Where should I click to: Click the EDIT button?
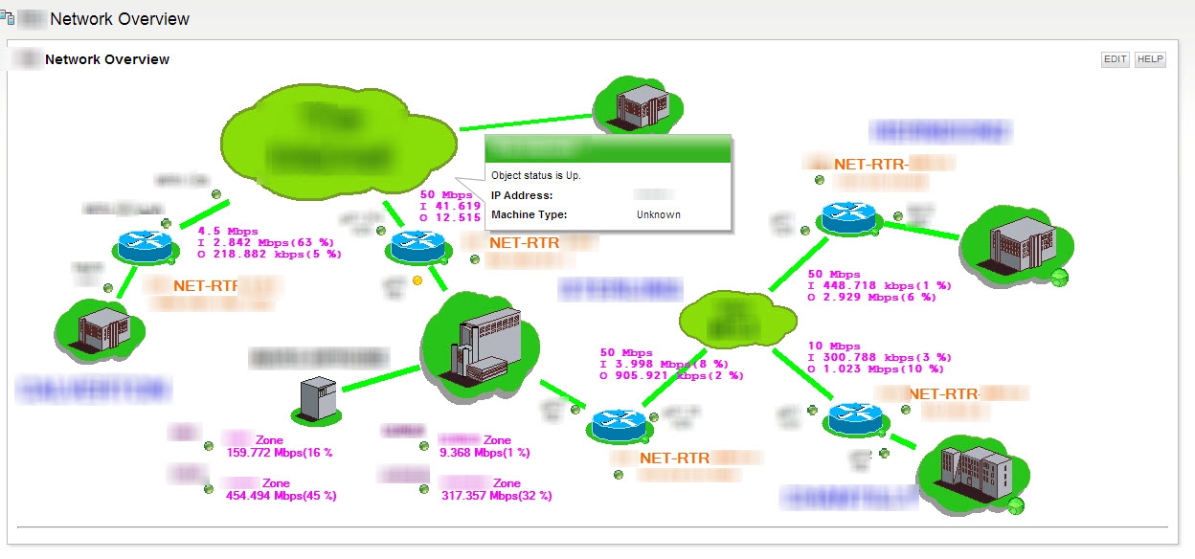coord(1115,59)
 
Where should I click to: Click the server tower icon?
coord(316,398)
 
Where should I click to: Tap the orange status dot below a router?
coord(417,280)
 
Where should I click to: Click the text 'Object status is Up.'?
coord(536,176)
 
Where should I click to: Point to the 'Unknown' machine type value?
coord(659,215)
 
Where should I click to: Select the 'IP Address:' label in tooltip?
coord(522,196)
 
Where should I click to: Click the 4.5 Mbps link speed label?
coord(229,231)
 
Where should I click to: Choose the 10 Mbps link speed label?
coord(834,347)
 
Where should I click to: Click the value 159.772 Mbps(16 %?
coord(279,453)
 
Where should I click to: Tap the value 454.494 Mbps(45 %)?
coord(281,496)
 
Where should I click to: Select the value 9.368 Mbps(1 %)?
coord(485,453)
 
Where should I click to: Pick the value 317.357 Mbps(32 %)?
coord(495,496)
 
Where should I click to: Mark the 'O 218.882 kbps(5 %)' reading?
coord(269,255)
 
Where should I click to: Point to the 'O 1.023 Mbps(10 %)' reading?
coord(876,369)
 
